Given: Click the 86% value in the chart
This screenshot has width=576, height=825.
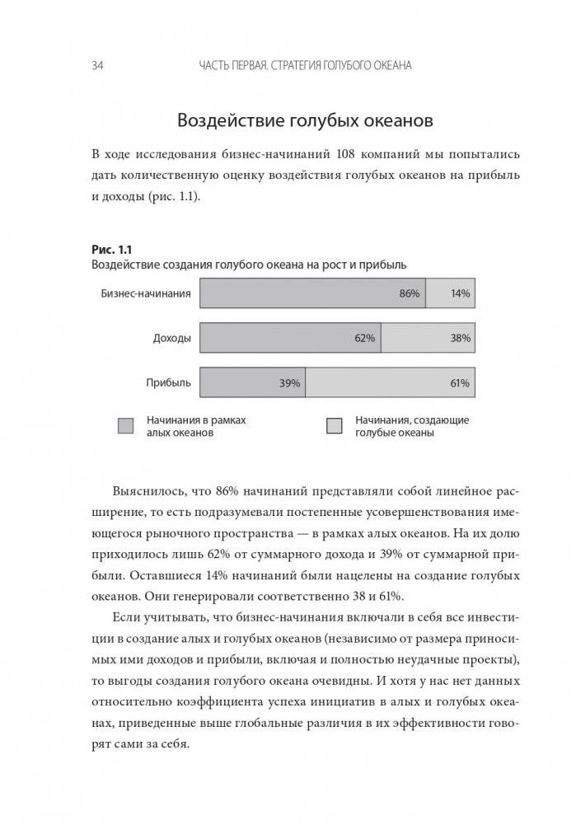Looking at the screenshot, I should (410, 293).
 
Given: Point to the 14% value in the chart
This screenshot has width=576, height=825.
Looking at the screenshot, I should (460, 293).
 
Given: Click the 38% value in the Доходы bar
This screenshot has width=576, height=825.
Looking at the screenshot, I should (460, 338).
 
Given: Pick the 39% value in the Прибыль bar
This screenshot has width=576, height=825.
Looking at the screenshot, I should (289, 383).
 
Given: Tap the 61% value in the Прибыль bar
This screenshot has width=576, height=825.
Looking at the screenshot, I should (460, 383).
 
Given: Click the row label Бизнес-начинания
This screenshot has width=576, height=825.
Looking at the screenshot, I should (146, 293).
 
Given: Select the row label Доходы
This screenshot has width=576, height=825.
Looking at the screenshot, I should (171, 338).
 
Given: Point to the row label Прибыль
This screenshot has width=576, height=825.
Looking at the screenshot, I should (169, 383).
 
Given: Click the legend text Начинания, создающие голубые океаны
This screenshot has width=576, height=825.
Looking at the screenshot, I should (411, 426).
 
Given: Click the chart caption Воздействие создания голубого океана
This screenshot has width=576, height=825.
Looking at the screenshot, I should (247, 265).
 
